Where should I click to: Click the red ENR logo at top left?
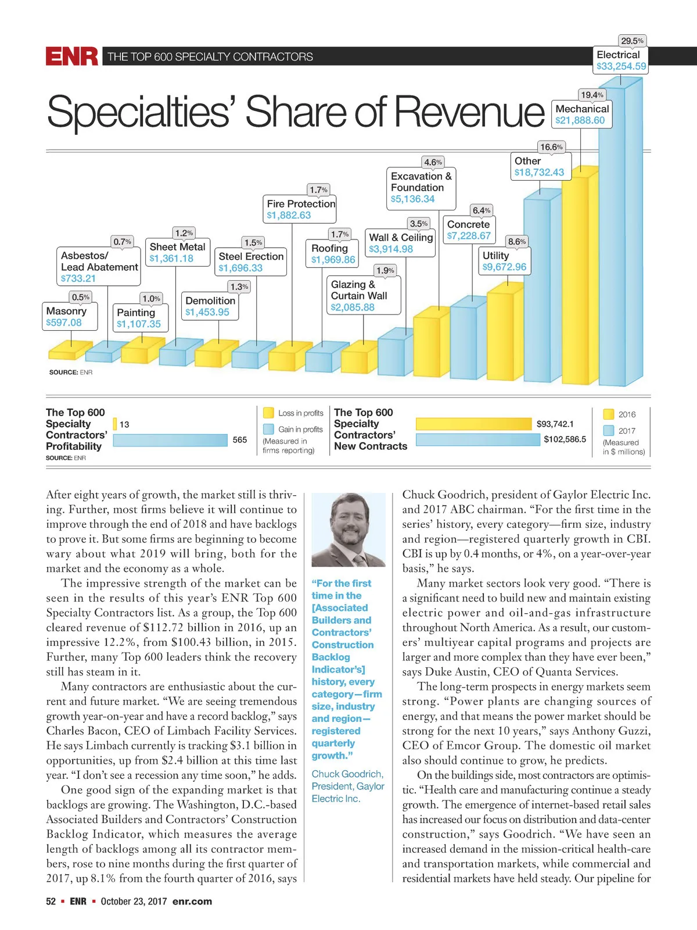point(72,56)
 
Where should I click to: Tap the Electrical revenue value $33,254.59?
point(621,66)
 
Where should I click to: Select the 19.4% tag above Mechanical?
point(592,95)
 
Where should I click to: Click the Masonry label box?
point(70,316)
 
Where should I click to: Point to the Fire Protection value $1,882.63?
point(289,215)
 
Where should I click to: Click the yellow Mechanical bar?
point(575,279)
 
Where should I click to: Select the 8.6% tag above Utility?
point(516,241)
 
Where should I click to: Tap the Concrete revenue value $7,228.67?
point(469,236)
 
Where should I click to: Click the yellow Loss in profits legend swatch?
point(268,413)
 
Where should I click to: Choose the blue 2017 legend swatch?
point(609,431)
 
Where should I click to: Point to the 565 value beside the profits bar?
point(240,440)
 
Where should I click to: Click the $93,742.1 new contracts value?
point(555,424)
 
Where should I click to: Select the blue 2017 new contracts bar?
point(477,439)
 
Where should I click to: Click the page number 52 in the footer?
point(51,902)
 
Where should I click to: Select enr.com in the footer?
point(192,902)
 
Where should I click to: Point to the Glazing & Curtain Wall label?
point(359,290)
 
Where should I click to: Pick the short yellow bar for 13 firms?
point(115,424)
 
